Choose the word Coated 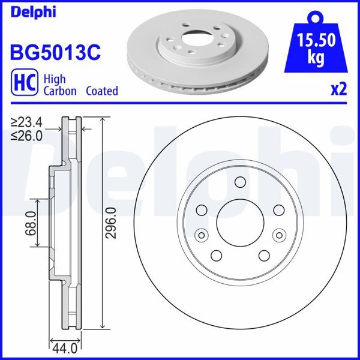point(101,91)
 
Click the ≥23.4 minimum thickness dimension point(26,125)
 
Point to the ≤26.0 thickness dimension point(26,136)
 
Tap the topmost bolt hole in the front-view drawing point(240,182)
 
